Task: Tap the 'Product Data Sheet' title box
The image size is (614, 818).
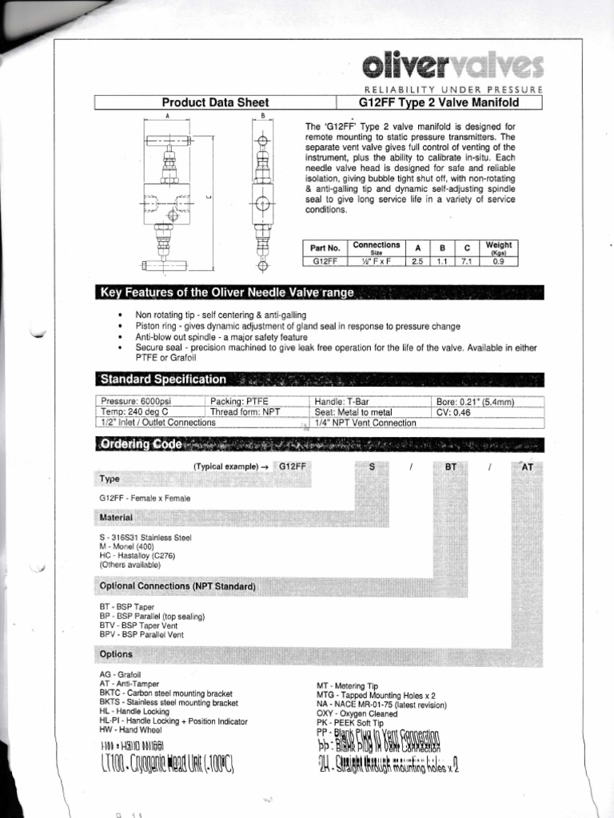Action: [x=215, y=102]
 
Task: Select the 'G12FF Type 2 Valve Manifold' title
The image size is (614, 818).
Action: [x=452, y=102]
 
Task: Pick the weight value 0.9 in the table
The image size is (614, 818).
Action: [x=498, y=260]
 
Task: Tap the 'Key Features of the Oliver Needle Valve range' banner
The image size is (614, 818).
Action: [x=227, y=292]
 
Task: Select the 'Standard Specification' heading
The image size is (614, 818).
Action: [x=162, y=379]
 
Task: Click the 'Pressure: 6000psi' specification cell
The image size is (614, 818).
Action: [x=134, y=401]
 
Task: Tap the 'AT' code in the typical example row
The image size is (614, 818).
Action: [x=528, y=466]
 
